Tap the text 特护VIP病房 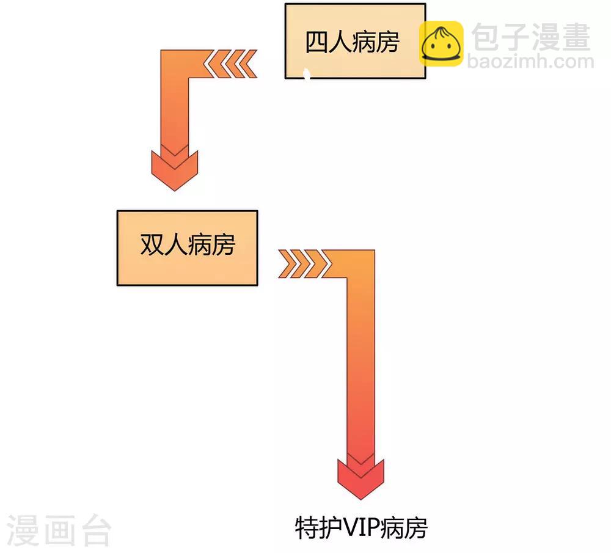click(x=361, y=527)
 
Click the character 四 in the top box click(x=316, y=42)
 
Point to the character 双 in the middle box click(x=152, y=245)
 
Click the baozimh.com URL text click(x=530, y=61)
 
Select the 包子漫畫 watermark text click(x=531, y=37)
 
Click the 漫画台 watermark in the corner click(x=59, y=530)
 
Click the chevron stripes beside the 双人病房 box click(x=303, y=264)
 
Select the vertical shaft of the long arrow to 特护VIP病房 click(x=360, y=367)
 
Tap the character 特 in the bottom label click(x=305, y=527)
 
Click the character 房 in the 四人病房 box click(x=387, y=42)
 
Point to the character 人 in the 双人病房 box click(x=175, y=245)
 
